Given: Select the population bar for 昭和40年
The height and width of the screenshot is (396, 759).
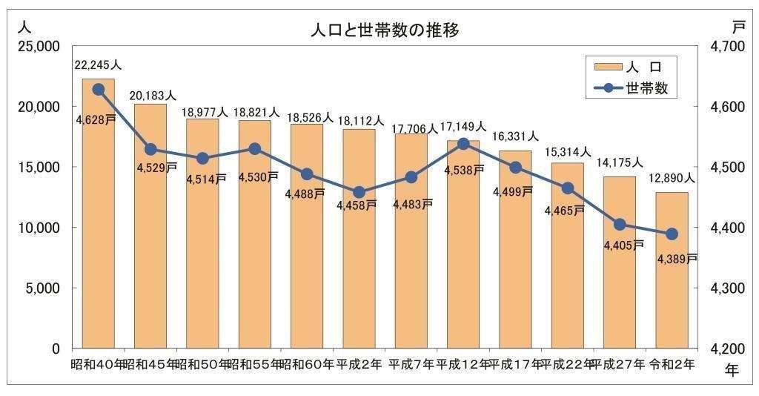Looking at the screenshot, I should click(98, 215).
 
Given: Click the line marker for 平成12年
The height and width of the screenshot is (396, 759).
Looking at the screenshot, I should click(464, 144).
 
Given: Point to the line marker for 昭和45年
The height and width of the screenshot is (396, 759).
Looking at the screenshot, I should click(150, 149).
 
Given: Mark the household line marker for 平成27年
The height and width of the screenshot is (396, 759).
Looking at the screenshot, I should click(620, 225).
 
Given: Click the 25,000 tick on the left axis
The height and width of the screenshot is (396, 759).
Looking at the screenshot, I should click(38, 47).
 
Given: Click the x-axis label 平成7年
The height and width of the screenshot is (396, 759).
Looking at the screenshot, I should click(410, 364).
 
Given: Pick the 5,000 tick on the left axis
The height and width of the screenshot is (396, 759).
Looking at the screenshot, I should click(42, 288).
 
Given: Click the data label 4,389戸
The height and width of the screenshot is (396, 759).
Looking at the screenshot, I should click(676, 259).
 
